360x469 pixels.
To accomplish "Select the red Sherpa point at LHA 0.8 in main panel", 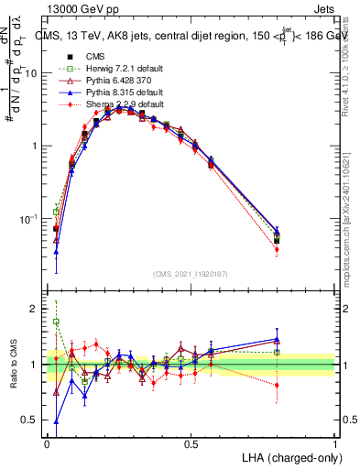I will pos(277,249).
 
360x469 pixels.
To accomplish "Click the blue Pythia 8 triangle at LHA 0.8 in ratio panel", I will pos(277,340).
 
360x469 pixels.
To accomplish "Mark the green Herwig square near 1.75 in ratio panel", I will pos(56,322).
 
